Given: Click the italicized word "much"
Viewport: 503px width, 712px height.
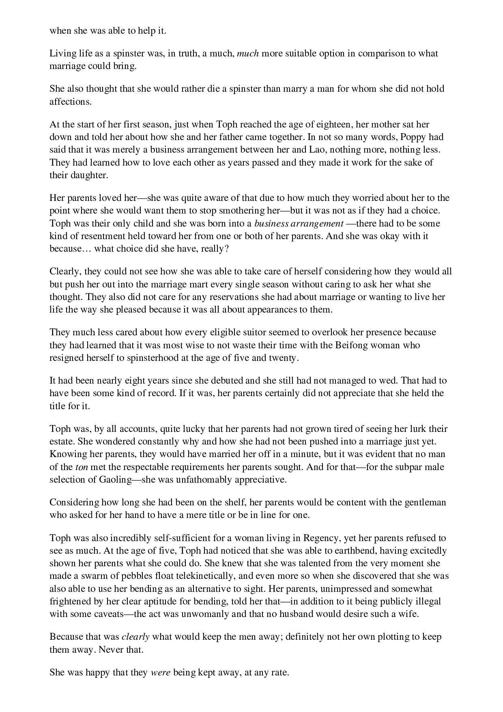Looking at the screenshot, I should (x=247, y=53).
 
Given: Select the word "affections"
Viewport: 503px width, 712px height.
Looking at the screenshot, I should (x=70, y=101).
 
